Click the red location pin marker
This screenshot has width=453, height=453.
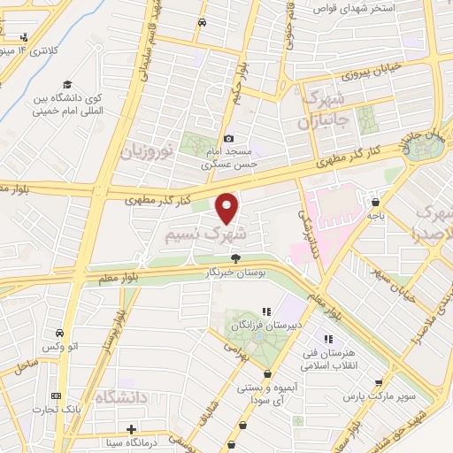(227, 207)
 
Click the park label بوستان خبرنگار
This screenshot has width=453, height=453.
(235, 273)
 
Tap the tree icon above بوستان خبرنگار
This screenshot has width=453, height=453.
(235, 258)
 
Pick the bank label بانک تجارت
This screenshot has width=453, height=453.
(58, 410)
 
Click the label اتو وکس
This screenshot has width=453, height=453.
(60, 348)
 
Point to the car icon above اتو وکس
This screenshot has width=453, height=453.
(59, 334)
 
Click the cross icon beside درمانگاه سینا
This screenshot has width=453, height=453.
(131, 429)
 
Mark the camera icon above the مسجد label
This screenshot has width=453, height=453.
(229, 139)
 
